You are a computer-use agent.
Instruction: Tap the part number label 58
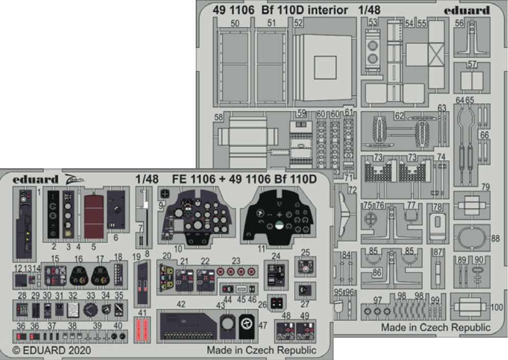point(219,117)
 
